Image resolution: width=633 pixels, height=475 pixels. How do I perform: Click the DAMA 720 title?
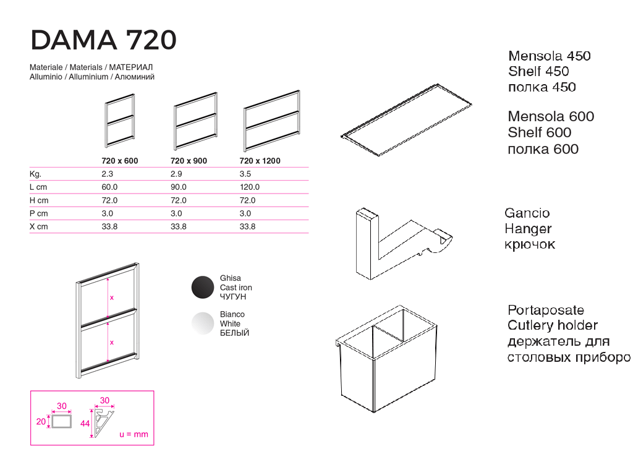pos(103,40)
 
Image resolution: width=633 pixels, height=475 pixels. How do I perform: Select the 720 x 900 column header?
pos(189,161)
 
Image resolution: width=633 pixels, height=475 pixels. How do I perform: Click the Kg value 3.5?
pos(245,174)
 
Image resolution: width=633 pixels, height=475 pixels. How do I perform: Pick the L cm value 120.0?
pos(250,187)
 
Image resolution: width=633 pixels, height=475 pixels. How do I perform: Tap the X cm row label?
pos(39,226)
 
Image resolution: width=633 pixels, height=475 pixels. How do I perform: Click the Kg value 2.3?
pos(107,174)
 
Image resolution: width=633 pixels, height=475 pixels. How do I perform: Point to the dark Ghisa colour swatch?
pos(203,287)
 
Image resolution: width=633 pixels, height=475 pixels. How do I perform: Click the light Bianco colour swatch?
pos(203,323)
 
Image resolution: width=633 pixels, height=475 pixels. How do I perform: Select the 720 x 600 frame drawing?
pos(120,121)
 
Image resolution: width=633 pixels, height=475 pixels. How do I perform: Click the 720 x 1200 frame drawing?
pos(272,121)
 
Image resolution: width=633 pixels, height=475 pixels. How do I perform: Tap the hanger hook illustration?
pos(404,244)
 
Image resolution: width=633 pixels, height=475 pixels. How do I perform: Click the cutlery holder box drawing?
pos(386,359)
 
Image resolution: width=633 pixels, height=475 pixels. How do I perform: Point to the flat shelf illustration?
pos(407,119)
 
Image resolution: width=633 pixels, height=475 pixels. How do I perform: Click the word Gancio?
pos(527,213)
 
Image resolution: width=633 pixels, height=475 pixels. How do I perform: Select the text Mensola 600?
pos(551,116)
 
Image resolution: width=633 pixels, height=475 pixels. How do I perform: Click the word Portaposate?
pos(545,310)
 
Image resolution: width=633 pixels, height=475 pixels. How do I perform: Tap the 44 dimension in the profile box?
pos(85,423)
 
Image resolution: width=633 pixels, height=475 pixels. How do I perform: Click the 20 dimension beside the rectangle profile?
pos(41,421)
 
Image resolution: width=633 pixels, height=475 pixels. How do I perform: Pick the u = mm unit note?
pos(134,434)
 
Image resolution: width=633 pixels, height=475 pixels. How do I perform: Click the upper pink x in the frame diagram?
pos(112,297)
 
